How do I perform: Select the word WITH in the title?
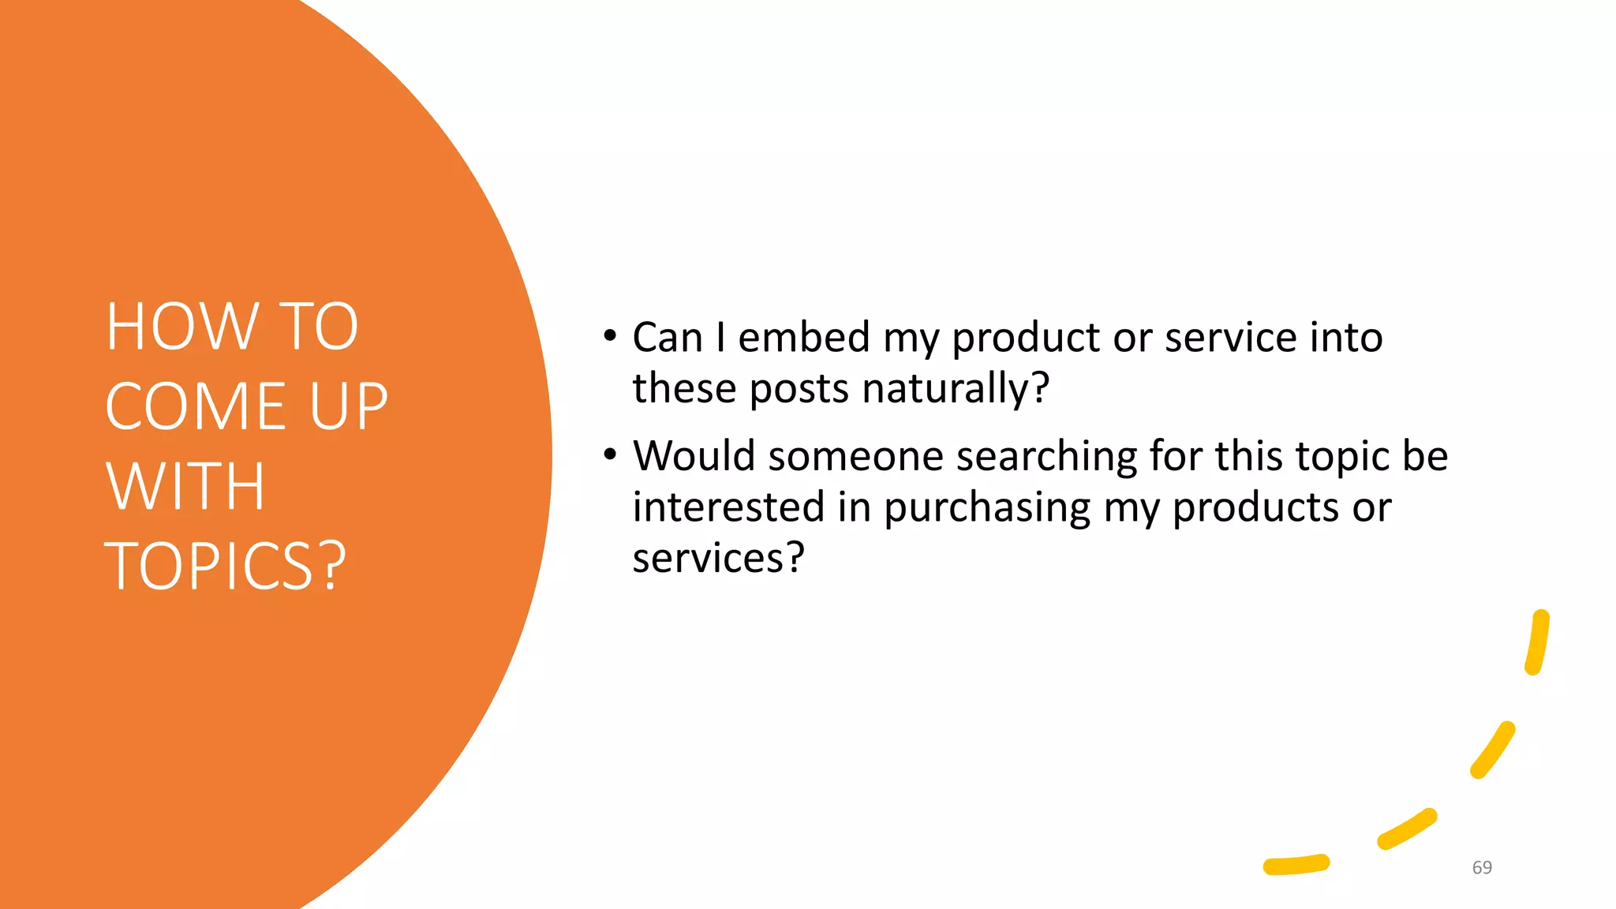pyautogui.click(x=185, y=486)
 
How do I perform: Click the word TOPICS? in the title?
pyautogui.click(x=225, y=566)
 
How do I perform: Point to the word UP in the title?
pyautogui.click(x=349, y=406)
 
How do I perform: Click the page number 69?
pyautogui.click(x=1482, y=867)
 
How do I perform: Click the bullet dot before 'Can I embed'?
pyautogui.click(x=609, y=336)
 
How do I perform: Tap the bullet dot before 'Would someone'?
pyautogui.click(x=609, y=454)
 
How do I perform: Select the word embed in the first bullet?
pyautogui.click(x=804, y=337)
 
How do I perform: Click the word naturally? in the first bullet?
pyautogui.click(x=956, y=388)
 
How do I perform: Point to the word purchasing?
pyautogui.click(x=987, y=507)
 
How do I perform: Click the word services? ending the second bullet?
pyautogui.click(x=718, y=558)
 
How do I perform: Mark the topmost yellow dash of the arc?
pyautogui.click(x=1537, y=642)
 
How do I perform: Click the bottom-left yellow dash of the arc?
pyautogui.click(x=1296, y=865)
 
